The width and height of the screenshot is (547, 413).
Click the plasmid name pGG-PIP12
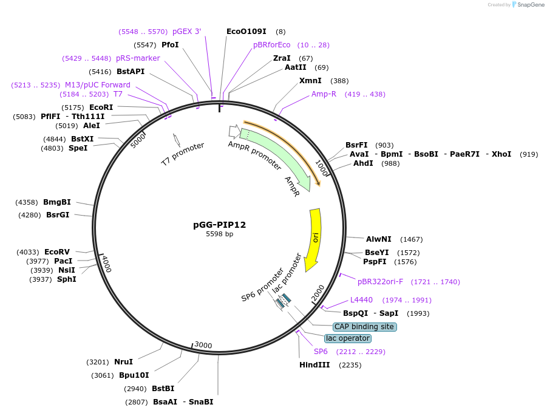tap(219, 225)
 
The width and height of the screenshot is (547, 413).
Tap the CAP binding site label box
tap(364, 327)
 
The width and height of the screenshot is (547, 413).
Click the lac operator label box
tap(348, 338)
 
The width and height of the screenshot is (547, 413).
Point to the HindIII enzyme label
tap(314, 365)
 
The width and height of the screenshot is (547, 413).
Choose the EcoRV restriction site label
tap(57, 251)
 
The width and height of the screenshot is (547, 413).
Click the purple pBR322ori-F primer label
tap(380, 282)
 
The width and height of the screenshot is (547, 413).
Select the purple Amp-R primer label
tap(324, 94)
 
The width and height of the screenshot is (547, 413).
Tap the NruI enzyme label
tap(123, 362)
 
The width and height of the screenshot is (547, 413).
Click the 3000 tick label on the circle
tap(203, 346)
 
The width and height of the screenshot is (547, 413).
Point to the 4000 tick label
tap(106, 264)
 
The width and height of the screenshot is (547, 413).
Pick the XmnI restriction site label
tap(310, 81)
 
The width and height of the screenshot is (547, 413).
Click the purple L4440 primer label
tap(361, 300)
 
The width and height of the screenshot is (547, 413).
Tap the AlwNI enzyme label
tap(379, 239)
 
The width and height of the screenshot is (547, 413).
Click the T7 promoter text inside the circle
tap(182, 154)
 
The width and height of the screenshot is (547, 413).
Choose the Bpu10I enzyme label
tap(134, 375)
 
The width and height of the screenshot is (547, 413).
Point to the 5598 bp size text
tap(219, 234)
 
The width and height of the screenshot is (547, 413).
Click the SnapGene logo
tap(528, 5)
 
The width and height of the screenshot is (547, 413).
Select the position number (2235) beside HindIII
tap(350, 365)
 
